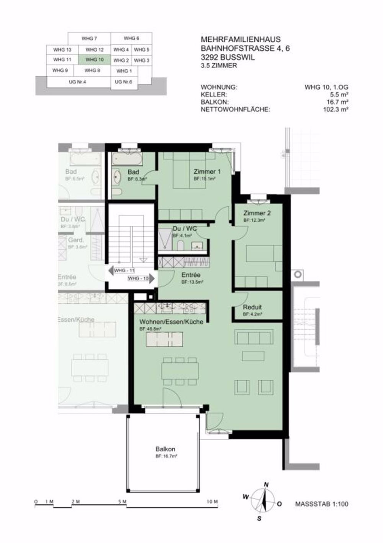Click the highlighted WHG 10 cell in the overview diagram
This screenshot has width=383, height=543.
95,60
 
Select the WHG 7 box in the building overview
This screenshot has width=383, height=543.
89,39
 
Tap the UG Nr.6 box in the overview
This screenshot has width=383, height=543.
123,82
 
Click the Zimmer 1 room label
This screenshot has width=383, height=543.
207,172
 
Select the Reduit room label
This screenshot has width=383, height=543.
252,307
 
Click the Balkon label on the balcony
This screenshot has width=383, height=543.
165,449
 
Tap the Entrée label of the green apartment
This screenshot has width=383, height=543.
191,275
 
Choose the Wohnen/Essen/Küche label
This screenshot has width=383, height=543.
171,322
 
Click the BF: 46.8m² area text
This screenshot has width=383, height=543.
150,329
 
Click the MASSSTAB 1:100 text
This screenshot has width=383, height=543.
322,504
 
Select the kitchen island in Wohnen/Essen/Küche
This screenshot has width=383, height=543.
167,339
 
